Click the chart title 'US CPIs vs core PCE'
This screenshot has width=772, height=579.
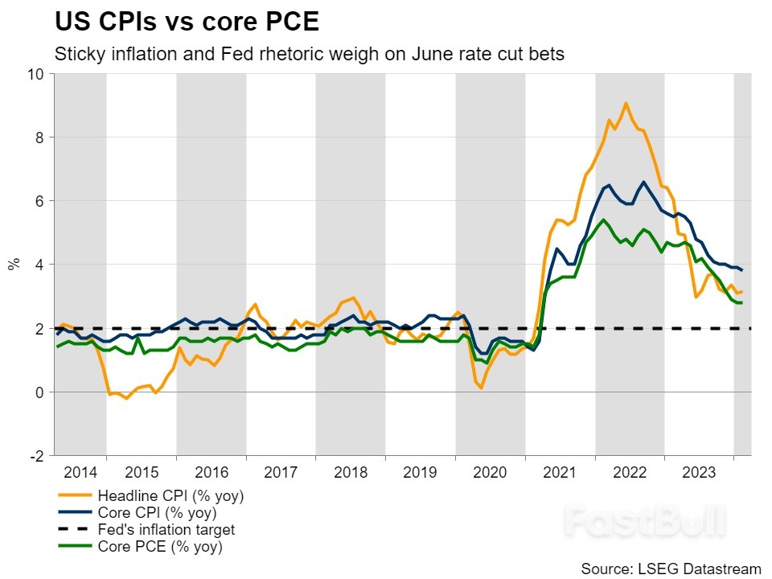pos(187,22)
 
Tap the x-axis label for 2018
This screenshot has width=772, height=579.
pos(351,472)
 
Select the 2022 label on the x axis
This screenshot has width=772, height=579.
pos(630,472)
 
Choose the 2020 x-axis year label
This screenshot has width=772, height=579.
pos(490,472)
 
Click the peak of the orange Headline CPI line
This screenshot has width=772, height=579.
pos(626,103)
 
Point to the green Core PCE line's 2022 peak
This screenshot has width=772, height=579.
pos(603,220)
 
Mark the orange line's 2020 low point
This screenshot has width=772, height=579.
pos(481,388)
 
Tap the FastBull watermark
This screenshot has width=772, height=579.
pos(643,521)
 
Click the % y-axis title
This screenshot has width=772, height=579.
pos(14,264)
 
